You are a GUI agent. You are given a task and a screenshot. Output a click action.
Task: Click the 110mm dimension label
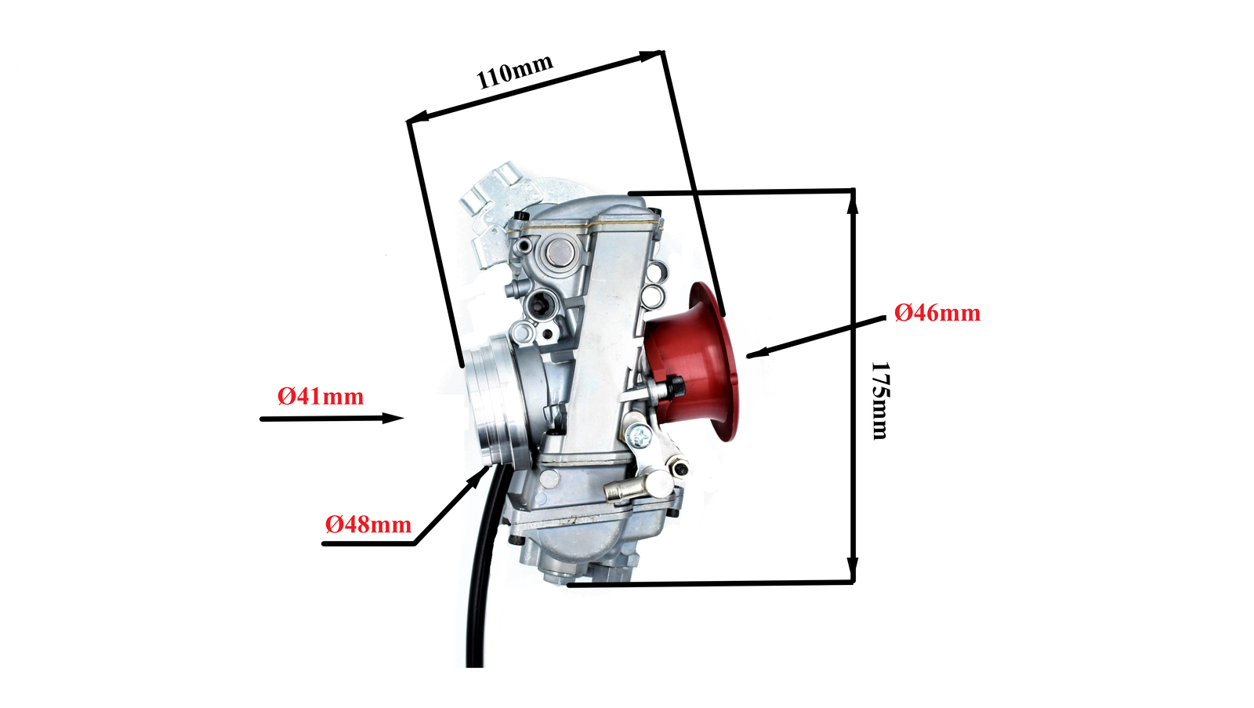(x=514, y=71)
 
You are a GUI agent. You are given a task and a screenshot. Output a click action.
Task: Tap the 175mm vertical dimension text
(x=879, y=401)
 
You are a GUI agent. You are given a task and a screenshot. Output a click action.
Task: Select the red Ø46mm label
(x=937, y=313)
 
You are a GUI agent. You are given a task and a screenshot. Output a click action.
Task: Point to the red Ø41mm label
(x=321, y=397)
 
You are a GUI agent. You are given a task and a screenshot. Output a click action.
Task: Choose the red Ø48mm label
(x=368, y=525)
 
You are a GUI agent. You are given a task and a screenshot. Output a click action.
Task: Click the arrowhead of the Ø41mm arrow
(x=393, y=418)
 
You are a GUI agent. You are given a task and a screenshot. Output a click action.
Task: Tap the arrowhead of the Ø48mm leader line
(x=481, y=474)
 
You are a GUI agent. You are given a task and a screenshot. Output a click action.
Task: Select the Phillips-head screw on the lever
(x=638, y=436)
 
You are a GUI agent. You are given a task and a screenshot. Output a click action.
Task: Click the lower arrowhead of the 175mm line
(x=853, y=569)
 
